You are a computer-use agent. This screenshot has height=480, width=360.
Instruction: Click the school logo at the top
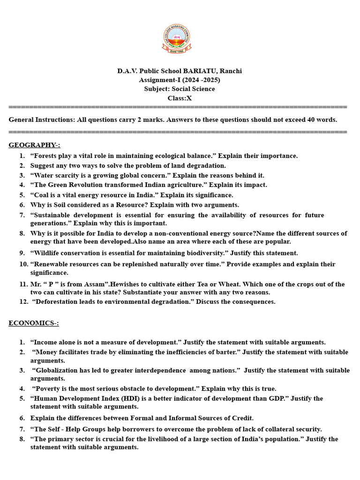[177, 39]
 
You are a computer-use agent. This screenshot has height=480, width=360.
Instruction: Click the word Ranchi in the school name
[231, 71]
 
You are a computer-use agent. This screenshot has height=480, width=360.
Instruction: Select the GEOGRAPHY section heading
[34, 145]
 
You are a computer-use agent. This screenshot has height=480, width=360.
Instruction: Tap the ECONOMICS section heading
[34, 323]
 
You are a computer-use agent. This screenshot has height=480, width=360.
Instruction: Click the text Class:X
[180, 98]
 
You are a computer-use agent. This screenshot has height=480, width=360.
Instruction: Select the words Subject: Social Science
[180, 89]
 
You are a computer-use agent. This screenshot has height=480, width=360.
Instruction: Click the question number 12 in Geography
[24, 302]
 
